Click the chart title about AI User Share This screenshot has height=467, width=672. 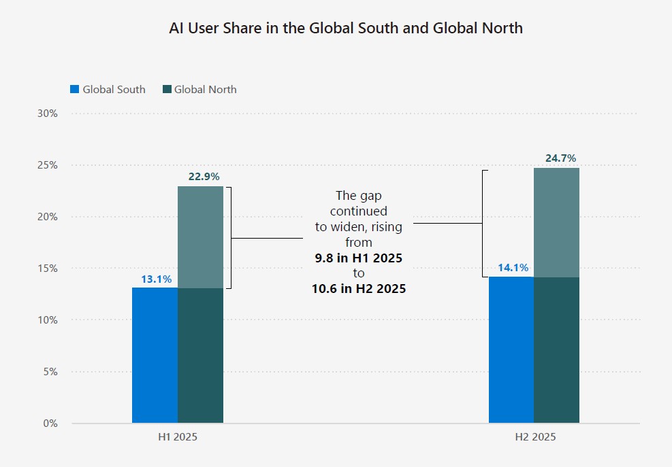(345, 29)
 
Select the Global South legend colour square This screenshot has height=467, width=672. (75, 90)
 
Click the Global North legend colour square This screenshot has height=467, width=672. (167, 90)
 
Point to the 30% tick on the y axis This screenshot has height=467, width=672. (46, 114)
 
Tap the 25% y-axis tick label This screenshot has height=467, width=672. (46, 165)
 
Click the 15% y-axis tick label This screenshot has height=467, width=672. (46, 269)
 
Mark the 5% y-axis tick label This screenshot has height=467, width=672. (48, 372)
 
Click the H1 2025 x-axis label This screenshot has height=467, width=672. (178, 437)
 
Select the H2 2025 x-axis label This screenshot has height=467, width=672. (534, 437)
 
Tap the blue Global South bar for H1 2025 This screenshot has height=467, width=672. (155, 356)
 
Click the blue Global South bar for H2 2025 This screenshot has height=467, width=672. (511, 350)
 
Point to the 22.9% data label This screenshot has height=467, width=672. (204, 177)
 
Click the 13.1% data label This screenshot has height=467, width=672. (157, 279)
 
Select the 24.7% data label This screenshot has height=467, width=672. (560, 158)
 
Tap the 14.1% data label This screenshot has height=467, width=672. (513, 268)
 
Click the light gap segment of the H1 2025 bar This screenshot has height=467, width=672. (200, 237)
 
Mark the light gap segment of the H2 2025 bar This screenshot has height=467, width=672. (556, 222)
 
